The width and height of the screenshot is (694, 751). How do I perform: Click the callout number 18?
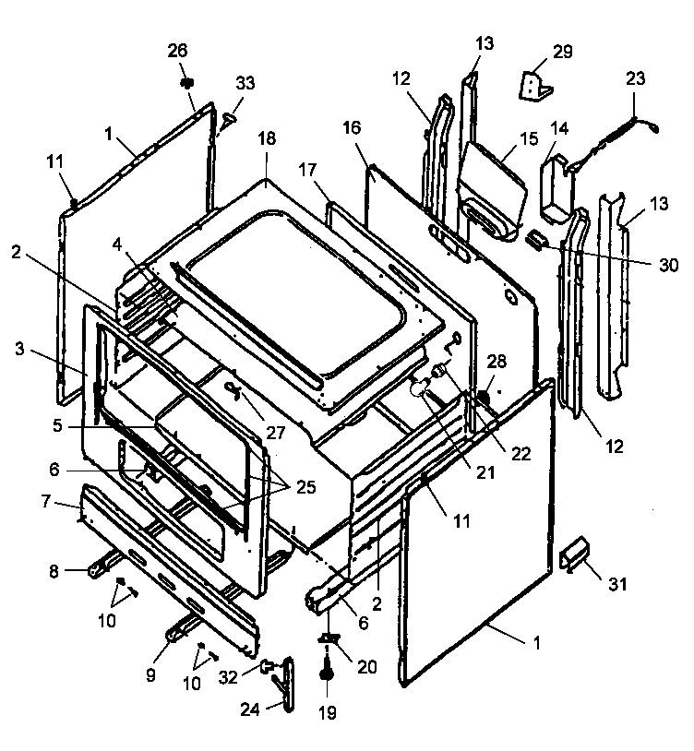(266, 163)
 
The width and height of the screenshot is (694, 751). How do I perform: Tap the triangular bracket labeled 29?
(535, 87)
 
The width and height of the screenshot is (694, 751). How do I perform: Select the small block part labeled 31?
(571, 555)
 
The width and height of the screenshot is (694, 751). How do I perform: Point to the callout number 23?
(635, 80)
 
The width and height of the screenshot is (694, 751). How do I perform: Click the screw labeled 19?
(327, 675)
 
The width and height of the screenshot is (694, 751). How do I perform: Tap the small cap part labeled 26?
(186, 83)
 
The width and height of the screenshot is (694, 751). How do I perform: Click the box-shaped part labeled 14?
(556, 189)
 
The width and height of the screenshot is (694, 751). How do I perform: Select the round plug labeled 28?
(482, 397)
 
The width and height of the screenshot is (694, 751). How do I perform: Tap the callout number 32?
(227, 676)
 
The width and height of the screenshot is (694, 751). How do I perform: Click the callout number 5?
(56, 428)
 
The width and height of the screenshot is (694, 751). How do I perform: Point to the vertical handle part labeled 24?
(288, 684)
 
